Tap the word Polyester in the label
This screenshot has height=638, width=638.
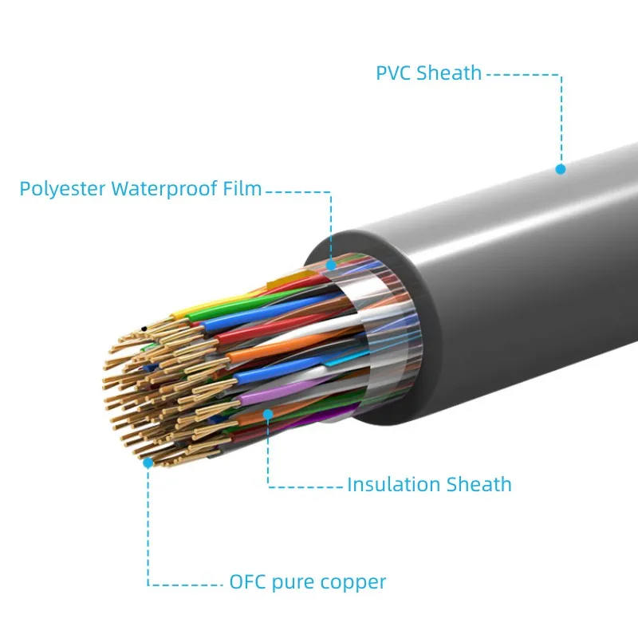[x=63, y=189]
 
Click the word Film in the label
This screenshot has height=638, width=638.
[x=242, y=189]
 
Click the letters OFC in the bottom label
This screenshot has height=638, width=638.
[x=247, y=582]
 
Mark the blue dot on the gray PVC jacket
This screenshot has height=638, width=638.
[x=561, y=169]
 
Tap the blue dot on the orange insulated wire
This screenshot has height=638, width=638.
[x=269, y=414]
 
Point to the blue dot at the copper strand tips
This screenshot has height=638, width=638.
[x=148, y=461]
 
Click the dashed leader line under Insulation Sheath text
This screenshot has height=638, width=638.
[x=307, y=485]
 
